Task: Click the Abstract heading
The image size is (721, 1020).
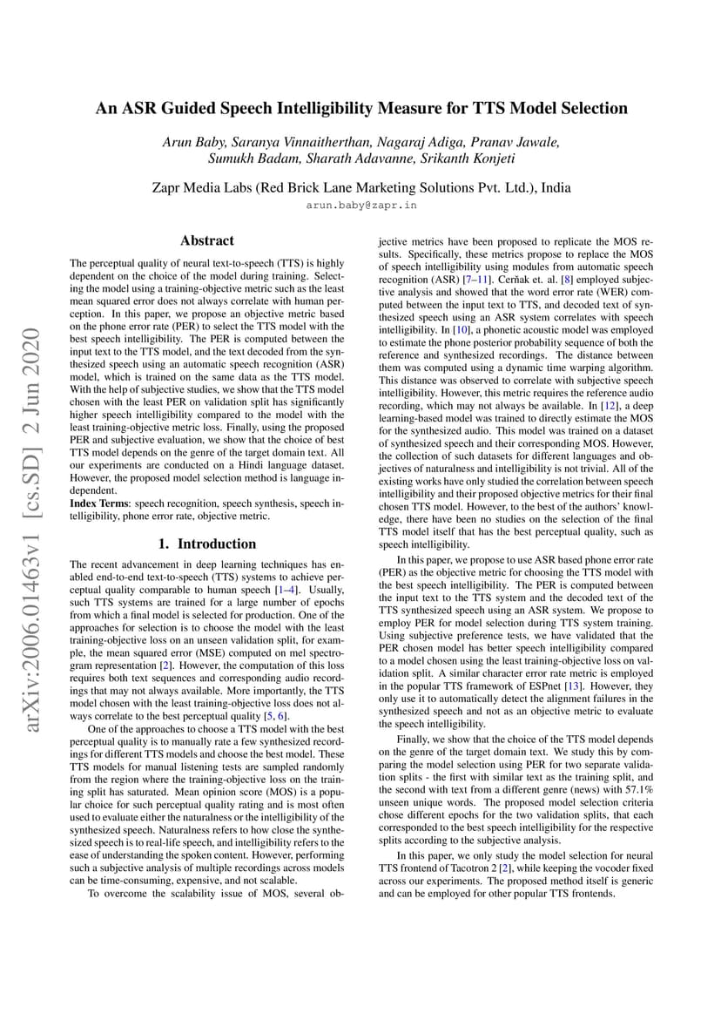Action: (x=207, y=240)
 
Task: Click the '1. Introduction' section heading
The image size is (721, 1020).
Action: (x=206, y=544)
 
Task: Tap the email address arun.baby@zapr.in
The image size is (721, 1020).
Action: (x=360, y=206)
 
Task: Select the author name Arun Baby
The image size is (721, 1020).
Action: (x=193, y=142)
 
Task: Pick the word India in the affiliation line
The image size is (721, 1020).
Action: (x=553, y=186)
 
